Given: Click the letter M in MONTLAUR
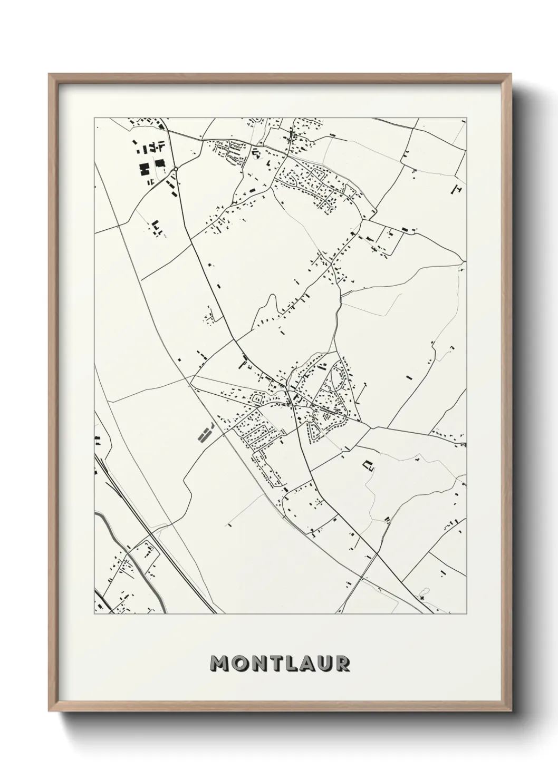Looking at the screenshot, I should tap(220, 664).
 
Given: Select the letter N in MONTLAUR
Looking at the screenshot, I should tap(259, 664).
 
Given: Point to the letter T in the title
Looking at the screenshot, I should tap(276, 664).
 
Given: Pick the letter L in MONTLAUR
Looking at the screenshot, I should tap(291, 664).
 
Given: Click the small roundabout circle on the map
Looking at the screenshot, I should tap(175, 169).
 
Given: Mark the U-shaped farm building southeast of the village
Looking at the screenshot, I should tap(368, 465).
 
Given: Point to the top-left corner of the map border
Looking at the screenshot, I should tap(94, 118).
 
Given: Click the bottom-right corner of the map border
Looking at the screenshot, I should tap(467, 614).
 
